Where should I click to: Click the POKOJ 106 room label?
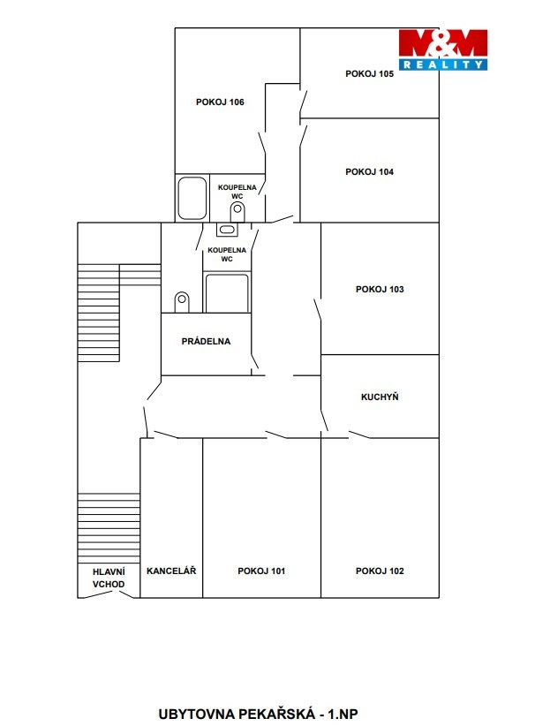pyautogui.click(x=220, y=102)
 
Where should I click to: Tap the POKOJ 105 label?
pyautogui.click(x=369, y=73)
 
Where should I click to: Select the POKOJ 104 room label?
pyautogui.click(x=369, y=171)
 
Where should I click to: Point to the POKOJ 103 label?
pyautogui.click(x=380, y=290)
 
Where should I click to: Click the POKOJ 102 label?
pyautogui.click(x=380, y=571)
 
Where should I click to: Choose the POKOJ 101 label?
pyautogui.click(x=261, y=571)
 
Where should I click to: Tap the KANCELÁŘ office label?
pyautogui.click(x=171, y=571)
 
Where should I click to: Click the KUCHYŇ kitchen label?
pyautogui.click(x=380, y=397)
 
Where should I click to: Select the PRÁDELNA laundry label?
pyautogui.click(x=206, y=341)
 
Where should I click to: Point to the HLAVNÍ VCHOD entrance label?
pyautogui.click(x=109, y=578)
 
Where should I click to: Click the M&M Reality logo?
pyautogui.click(x=443, y=49)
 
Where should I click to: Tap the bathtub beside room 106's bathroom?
pyautogui.click(x=192, y=198)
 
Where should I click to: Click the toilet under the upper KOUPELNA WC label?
pyautogui.click(x=237, y=212)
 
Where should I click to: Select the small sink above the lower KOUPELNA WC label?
pyautogui.click(x=227, y=229)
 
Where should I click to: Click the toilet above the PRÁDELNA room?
pyautogui.click(x=182, y=302)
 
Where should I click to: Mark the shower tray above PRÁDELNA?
pyautogui.click(x=227, y=293)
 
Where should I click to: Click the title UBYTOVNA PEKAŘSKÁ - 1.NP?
pyautogui.click(x=259, y=714)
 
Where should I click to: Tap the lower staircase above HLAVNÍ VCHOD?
pyautogui.click(x=109, y=528)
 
